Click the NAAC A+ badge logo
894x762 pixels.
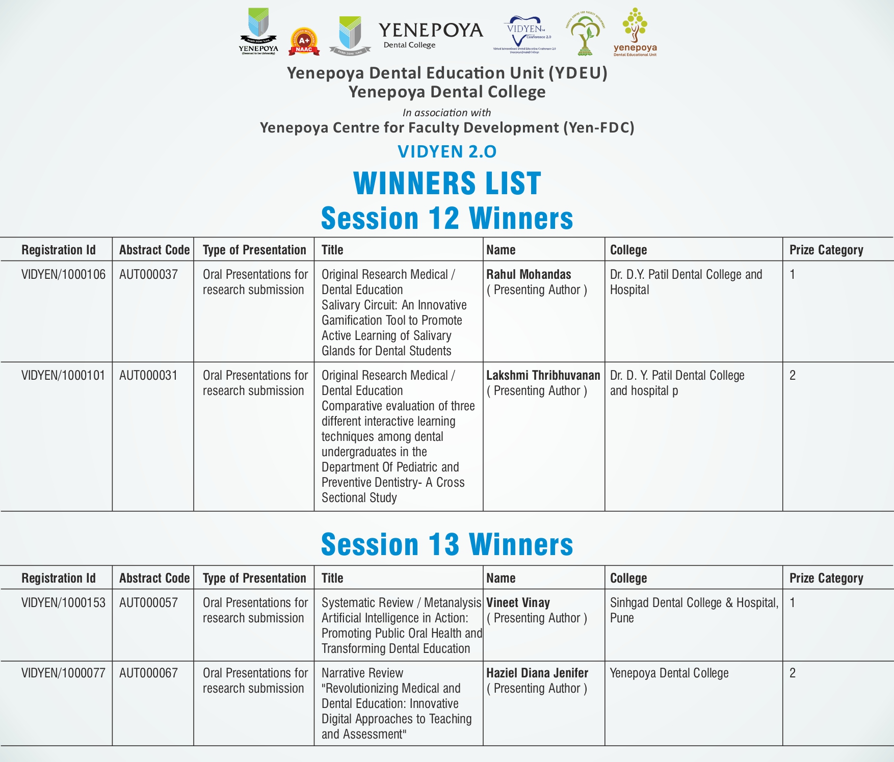pyautogui.click(x=304, y=41)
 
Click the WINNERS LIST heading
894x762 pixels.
pyautogui.click(x=447, y=183)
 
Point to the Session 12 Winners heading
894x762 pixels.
pyautogui.click(x=447, y=218)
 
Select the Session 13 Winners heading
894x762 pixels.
pyautogui.click(x=447, y=544)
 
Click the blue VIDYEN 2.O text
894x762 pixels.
pyautogui.click(x=447, y=151)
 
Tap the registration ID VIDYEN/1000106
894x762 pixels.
pyautogui.click(x=63, y=275)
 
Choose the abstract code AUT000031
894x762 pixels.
pyautogui.click(x=148, y=376)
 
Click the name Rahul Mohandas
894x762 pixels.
pyautogui.click(x=529, y=275)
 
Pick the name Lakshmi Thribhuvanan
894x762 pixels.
pyautogui.click(x=543, y=376)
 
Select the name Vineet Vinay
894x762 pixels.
pyautogui.click(x=518, y=603)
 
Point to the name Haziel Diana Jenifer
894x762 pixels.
pyautogui.click(x=537, y=673)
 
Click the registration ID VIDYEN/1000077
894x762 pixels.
pyautogui.click(x=63, y=673)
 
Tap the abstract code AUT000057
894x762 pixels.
pyautogui.click(x=148, y=603)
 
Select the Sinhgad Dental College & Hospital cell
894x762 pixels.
pyautogui.click(x=694, y=610)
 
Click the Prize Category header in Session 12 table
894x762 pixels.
pyautogui.click(x=826, y=250)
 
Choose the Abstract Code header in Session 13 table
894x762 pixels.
pyautogui.click(x=154, y=578)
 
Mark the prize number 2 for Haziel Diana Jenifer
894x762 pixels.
pyautogui.click(x=793, y=673)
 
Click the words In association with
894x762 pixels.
pyautogui.click(x=446, y=113)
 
